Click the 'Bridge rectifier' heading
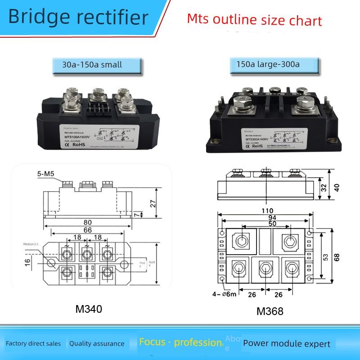coord(77,18)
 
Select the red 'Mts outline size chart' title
coord(254,20)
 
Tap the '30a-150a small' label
coord(92,64)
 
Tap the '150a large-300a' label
coord(268,64)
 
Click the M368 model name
coord(270,311)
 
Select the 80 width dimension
coord(87,222)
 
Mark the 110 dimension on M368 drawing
coord(269,210)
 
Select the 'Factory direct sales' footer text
coord(33,344)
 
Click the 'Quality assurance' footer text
coord(97,344)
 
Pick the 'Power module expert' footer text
coord(287,344)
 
